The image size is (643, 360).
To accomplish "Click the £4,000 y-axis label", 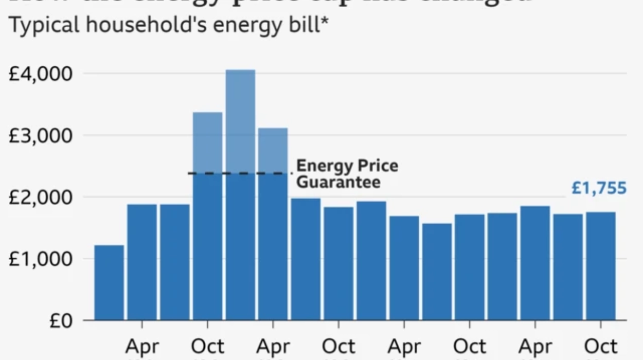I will (x=41, y=74).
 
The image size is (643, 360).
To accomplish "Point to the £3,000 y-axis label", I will (x=41, y=136).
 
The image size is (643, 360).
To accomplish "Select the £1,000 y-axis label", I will (x=41, y=259).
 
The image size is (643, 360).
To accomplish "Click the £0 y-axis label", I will (x=60, y=321).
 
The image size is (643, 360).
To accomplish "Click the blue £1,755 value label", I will (x=599, y=188).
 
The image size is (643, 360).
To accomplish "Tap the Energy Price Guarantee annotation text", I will (x=347, y=174).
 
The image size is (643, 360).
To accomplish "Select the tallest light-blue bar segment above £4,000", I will (x=240, y=121).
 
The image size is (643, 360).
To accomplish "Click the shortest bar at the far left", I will (x=109, y=282).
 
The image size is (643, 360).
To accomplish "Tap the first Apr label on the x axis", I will (x=142, y=347).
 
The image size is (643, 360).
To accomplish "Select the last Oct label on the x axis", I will (x=601, y=347).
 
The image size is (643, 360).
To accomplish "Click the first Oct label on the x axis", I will (x=207, y=347).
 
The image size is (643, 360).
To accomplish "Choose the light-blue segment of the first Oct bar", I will (x=207, y=142).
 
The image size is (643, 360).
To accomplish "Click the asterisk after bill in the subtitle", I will (x=324, y=23).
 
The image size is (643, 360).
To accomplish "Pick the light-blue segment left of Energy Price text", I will (x=273, y=150).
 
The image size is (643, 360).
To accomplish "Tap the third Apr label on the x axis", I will (x=404, y=347).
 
